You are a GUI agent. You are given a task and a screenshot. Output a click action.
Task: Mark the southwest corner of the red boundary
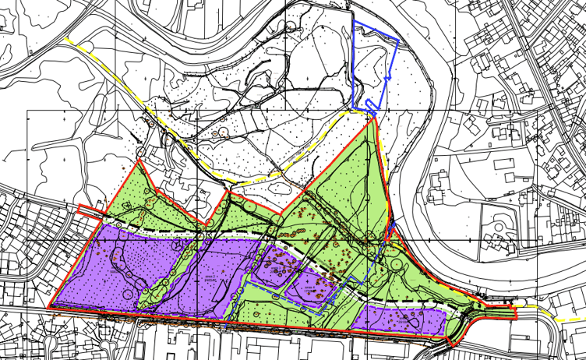(x=49, y=309)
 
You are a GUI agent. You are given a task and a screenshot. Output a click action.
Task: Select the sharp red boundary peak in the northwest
(x=139, y=161)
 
